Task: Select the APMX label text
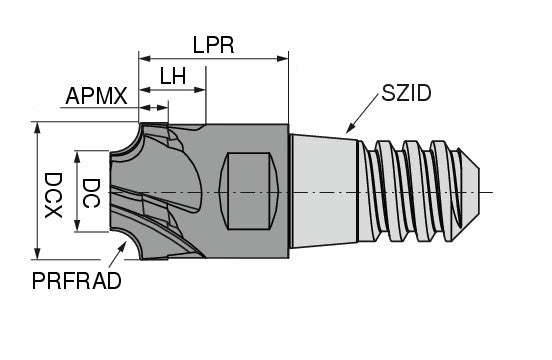pos(96,96)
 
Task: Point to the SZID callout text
pos(405,94)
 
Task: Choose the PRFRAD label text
pos(77,281)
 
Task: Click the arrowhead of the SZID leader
pos(349,130)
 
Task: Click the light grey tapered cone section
pos(325,189)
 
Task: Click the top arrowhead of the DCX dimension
pos(37,127)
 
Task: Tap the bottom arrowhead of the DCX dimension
pos(37,255)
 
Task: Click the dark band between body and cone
pos(291,189)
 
